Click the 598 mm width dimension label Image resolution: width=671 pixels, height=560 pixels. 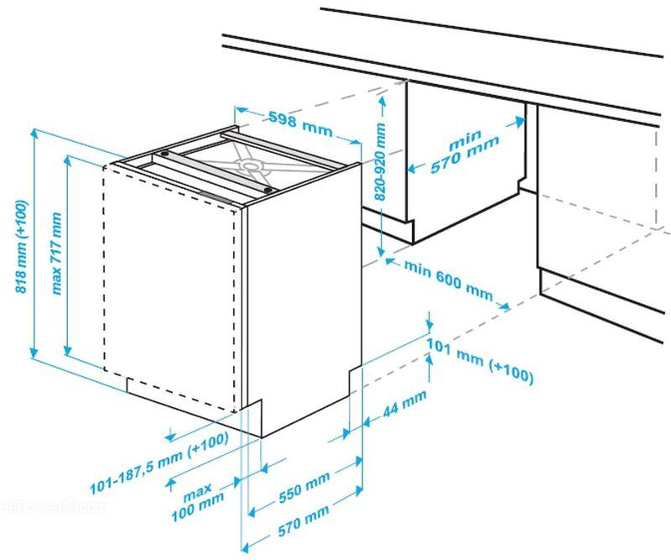(x=300, y=123)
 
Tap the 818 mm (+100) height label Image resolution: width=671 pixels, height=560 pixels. (x=22, y=247)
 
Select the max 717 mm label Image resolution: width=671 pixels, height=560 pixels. (x=56, y=254)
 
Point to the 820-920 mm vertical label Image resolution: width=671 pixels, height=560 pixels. (x=380, y=162)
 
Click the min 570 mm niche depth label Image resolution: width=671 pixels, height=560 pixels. (x=465, y=152)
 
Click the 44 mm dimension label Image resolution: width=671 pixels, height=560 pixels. (x=404, y=403)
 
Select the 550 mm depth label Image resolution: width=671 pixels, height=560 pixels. (x=304, y=487)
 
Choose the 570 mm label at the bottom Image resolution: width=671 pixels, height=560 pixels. (x=304, y=521)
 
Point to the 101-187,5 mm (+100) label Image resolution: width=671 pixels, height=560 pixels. (x=159, y=464)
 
